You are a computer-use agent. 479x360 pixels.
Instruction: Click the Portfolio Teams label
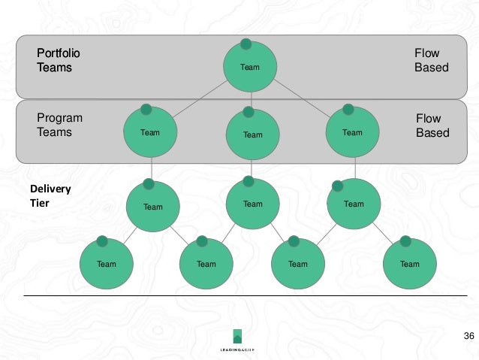pos(59,60)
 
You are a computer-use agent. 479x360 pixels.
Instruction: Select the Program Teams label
pos(59,125)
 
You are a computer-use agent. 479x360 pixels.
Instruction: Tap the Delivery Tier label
pos(50,195)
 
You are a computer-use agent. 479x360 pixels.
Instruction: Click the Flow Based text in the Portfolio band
pos(431,60)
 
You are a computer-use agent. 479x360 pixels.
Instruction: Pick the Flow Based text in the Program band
pos(432,126)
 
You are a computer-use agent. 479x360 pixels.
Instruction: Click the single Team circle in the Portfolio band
pos(249,67)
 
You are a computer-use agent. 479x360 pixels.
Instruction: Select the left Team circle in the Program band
pos(150,133)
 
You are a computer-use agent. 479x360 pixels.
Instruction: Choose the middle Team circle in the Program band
pos(252,135)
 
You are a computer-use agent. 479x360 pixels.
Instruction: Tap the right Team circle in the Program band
pos(352,133)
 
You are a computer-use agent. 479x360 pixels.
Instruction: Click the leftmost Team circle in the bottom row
pos(107,264)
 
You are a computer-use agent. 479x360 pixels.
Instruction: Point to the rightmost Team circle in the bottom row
pos(409,264)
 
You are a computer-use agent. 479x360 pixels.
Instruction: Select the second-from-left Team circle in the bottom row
pos(206,264)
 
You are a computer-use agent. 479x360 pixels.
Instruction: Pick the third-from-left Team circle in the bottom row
pos(298,264)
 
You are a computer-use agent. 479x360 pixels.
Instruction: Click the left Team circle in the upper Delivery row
pos(152,206)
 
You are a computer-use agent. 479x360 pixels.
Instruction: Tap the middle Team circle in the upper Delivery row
pos(252,204)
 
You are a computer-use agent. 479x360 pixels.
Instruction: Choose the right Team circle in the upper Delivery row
pos(354,204)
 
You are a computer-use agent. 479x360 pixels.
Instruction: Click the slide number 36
pos(468,335)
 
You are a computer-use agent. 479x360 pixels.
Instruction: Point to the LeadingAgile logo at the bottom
pos(237,342)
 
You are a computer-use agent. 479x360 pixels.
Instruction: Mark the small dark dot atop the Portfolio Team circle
pos(246,44)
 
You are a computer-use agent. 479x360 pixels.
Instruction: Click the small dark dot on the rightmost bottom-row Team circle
pos(405,241)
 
